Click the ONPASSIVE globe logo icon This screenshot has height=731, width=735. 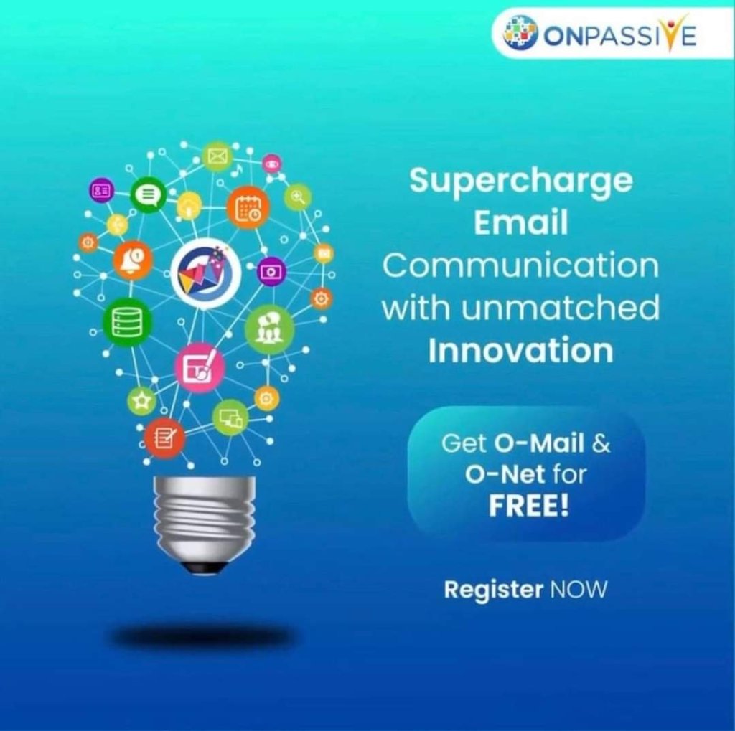[520, 32]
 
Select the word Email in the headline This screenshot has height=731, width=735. [521, 222]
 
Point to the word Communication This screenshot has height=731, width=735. [521, 265]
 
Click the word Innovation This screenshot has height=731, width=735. [521, 350]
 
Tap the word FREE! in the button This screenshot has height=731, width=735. [529, 505]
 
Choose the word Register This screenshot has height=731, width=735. [494, 590]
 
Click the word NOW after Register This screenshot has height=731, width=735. [579, 589]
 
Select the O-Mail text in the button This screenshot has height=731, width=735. [539, 443]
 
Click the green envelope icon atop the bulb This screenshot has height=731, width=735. [217, 156]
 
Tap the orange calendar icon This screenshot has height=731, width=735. [248, 207]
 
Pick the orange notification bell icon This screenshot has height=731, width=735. [133, 260]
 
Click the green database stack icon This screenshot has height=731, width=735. [127, 322]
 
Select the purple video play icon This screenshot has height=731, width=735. [271, 272]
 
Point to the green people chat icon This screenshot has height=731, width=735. [270, 329]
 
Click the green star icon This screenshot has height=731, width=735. [141, 401]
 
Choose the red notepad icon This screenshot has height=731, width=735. [164, 438]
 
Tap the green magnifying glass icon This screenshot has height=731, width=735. [298, 197]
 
